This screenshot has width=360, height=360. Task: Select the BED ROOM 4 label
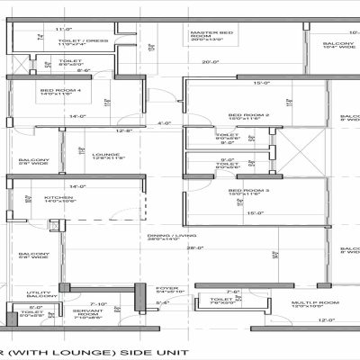55,91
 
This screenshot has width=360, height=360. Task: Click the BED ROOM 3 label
249,191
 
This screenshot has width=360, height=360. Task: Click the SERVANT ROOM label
90,313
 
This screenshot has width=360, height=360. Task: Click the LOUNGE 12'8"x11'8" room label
105,155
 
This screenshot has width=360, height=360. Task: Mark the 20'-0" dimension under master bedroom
211,61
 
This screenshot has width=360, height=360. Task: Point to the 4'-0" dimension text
164,122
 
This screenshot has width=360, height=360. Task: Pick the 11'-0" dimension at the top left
37,29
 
